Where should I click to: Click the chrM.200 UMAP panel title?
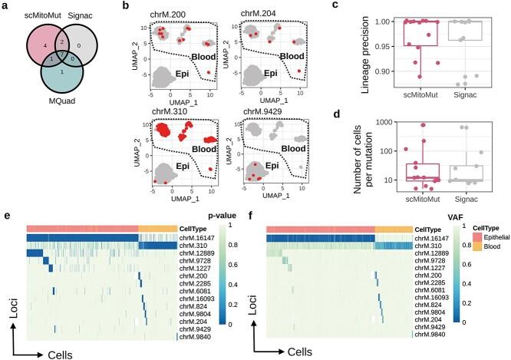click(x=172, y=13)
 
